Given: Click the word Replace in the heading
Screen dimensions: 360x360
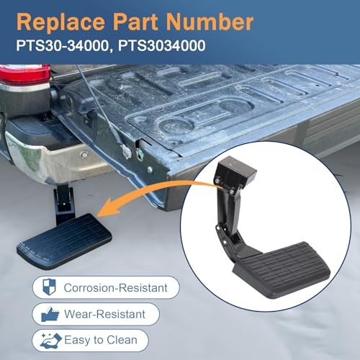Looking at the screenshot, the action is coord(60,22).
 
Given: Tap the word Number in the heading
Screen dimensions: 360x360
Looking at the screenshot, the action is coord(210,22).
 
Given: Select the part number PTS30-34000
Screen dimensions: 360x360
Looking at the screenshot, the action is coord(63,45).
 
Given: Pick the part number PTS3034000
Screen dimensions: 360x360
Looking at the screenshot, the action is coord(161,45).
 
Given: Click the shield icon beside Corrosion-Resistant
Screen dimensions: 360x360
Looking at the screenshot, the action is coord(49,287).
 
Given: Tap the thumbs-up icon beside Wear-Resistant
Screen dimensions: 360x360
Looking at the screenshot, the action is coord(50,314).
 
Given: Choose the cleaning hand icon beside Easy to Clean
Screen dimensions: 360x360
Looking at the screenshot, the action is coord(51,341).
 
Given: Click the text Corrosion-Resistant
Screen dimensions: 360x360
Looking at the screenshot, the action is coord(115,288).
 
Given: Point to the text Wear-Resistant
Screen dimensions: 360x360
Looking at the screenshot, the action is coord(104,314).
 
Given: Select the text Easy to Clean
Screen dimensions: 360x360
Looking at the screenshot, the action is coord(101,340).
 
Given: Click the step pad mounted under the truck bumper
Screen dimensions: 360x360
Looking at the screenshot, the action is coord(64,240).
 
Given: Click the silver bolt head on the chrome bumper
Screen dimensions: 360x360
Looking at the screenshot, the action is coord(84,155).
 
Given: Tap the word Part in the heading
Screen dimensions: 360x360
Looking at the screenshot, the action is coord(135,22).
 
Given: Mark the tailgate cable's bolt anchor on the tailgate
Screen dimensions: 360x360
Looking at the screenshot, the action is coord(126,151).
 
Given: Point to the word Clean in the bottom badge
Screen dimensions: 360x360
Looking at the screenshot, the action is coord(122,340).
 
